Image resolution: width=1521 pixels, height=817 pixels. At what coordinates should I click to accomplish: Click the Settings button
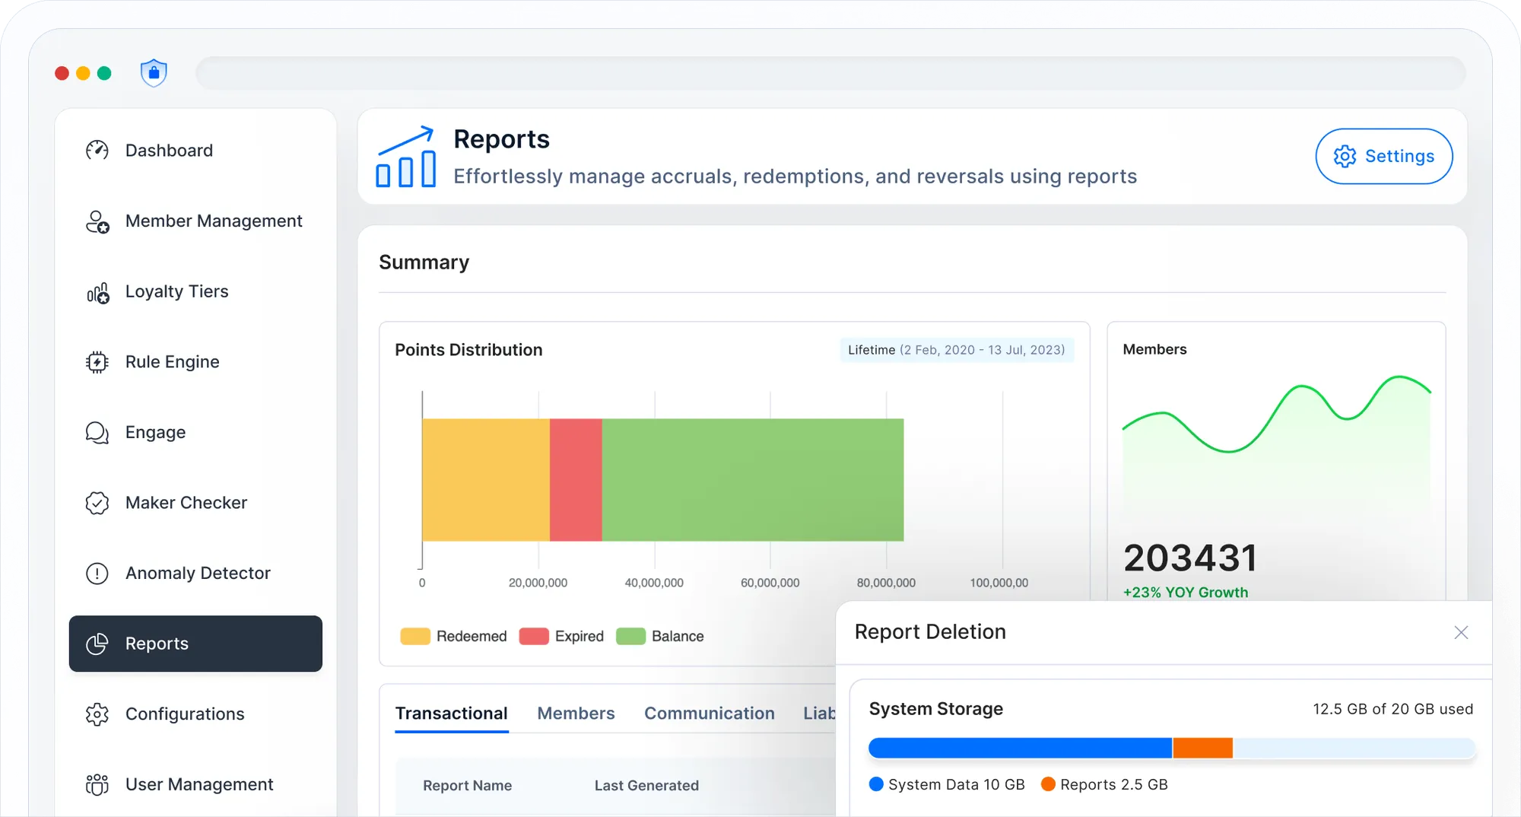click(1383, 156)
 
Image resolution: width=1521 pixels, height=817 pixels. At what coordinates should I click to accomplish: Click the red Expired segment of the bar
click(576, 480)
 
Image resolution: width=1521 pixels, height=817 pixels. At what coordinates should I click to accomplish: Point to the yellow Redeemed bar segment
click(485, 480)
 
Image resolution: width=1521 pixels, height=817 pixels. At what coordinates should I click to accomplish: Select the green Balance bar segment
click(752, 480)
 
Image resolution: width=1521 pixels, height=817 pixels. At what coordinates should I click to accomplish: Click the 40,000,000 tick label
click(654, 583)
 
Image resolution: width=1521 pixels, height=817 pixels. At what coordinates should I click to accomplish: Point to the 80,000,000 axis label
click(886, 583)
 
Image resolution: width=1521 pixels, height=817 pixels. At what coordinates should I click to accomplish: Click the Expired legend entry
click(562, 637)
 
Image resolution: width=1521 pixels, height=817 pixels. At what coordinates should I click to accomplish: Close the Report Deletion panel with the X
click(1461, 633)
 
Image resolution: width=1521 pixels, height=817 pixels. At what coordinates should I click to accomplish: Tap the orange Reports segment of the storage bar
click(1202, 749)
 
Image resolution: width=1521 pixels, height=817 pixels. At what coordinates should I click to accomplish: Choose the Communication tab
click(709, 714)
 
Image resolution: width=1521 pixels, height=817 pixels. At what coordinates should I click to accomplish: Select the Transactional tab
click(451, 714)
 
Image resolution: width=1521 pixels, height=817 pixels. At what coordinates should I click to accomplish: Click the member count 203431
click(1190, 558)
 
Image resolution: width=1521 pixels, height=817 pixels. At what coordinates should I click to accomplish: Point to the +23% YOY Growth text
click(1186, 593)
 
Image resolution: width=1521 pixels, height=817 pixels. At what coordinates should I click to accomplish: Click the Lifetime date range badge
click(956, 350)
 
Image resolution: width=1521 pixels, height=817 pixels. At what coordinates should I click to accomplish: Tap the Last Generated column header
click(646, 786)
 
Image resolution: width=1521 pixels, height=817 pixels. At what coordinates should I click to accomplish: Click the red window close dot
click(62, 73)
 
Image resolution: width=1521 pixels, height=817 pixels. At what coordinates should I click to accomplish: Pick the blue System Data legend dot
click(876, 784)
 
